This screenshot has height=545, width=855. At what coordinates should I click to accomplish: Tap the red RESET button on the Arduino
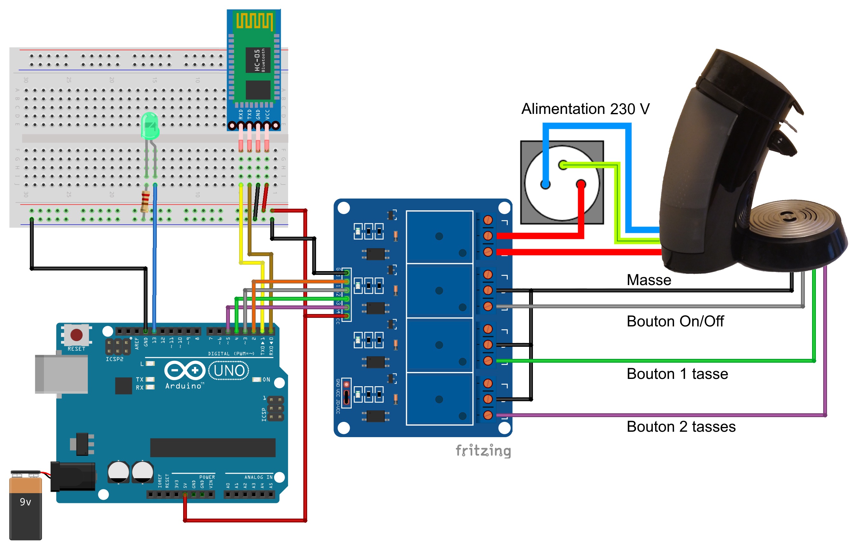pos(77,335)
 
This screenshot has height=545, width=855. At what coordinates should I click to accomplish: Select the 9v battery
pos(25,506)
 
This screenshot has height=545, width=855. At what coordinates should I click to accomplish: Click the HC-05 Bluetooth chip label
pos(258,60)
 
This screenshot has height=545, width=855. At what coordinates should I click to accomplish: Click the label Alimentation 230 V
pos(585,109)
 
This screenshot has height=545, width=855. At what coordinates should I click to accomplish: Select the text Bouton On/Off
pos(675,321)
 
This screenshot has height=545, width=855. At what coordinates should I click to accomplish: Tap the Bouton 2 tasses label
pos(681,426)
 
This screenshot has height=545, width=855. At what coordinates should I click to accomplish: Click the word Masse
pos(649,280)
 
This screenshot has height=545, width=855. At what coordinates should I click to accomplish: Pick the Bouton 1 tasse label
pos(677,374)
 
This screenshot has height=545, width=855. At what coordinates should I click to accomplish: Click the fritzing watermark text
pos(483,451)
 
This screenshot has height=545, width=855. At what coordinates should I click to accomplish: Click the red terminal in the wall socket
pos(581,184)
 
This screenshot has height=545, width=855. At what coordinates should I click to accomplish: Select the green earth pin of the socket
pos(563,165)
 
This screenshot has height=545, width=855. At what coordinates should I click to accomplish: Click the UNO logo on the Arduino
pos(229,371)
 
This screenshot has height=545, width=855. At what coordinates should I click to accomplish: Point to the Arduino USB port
pos(61,374)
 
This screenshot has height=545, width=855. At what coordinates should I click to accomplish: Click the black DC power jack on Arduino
pos(73,476)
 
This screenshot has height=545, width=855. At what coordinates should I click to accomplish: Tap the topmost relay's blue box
pos(439,237)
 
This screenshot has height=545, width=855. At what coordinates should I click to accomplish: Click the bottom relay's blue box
pos(439,399)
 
